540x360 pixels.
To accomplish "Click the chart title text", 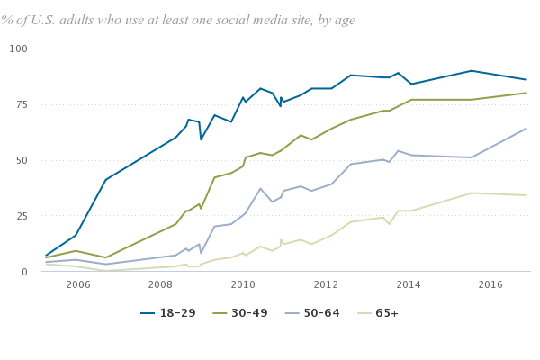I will (178, 20).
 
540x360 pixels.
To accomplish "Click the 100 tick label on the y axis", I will (19, 49).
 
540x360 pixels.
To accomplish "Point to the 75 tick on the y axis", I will (22, 104).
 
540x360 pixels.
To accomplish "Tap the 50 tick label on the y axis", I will (22, 160).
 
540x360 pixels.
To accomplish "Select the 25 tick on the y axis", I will (22, 216).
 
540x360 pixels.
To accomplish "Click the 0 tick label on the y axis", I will (25, 272).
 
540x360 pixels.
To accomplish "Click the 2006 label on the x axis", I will (77, 285).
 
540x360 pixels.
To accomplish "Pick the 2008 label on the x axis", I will (160, 285).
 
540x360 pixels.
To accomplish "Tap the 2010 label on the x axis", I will (243, 285).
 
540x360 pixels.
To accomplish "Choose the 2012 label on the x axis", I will (326, 285).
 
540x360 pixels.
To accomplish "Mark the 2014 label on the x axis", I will (409, 285).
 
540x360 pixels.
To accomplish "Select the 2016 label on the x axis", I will (490, 285).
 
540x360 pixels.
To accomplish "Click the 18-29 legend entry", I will (166, 313).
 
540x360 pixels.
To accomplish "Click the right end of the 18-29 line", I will (526, 80).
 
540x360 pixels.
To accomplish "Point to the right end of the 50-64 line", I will (526, 129).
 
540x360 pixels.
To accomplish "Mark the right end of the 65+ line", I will (526, 195).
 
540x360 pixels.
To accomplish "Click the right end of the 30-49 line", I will (526, 93).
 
